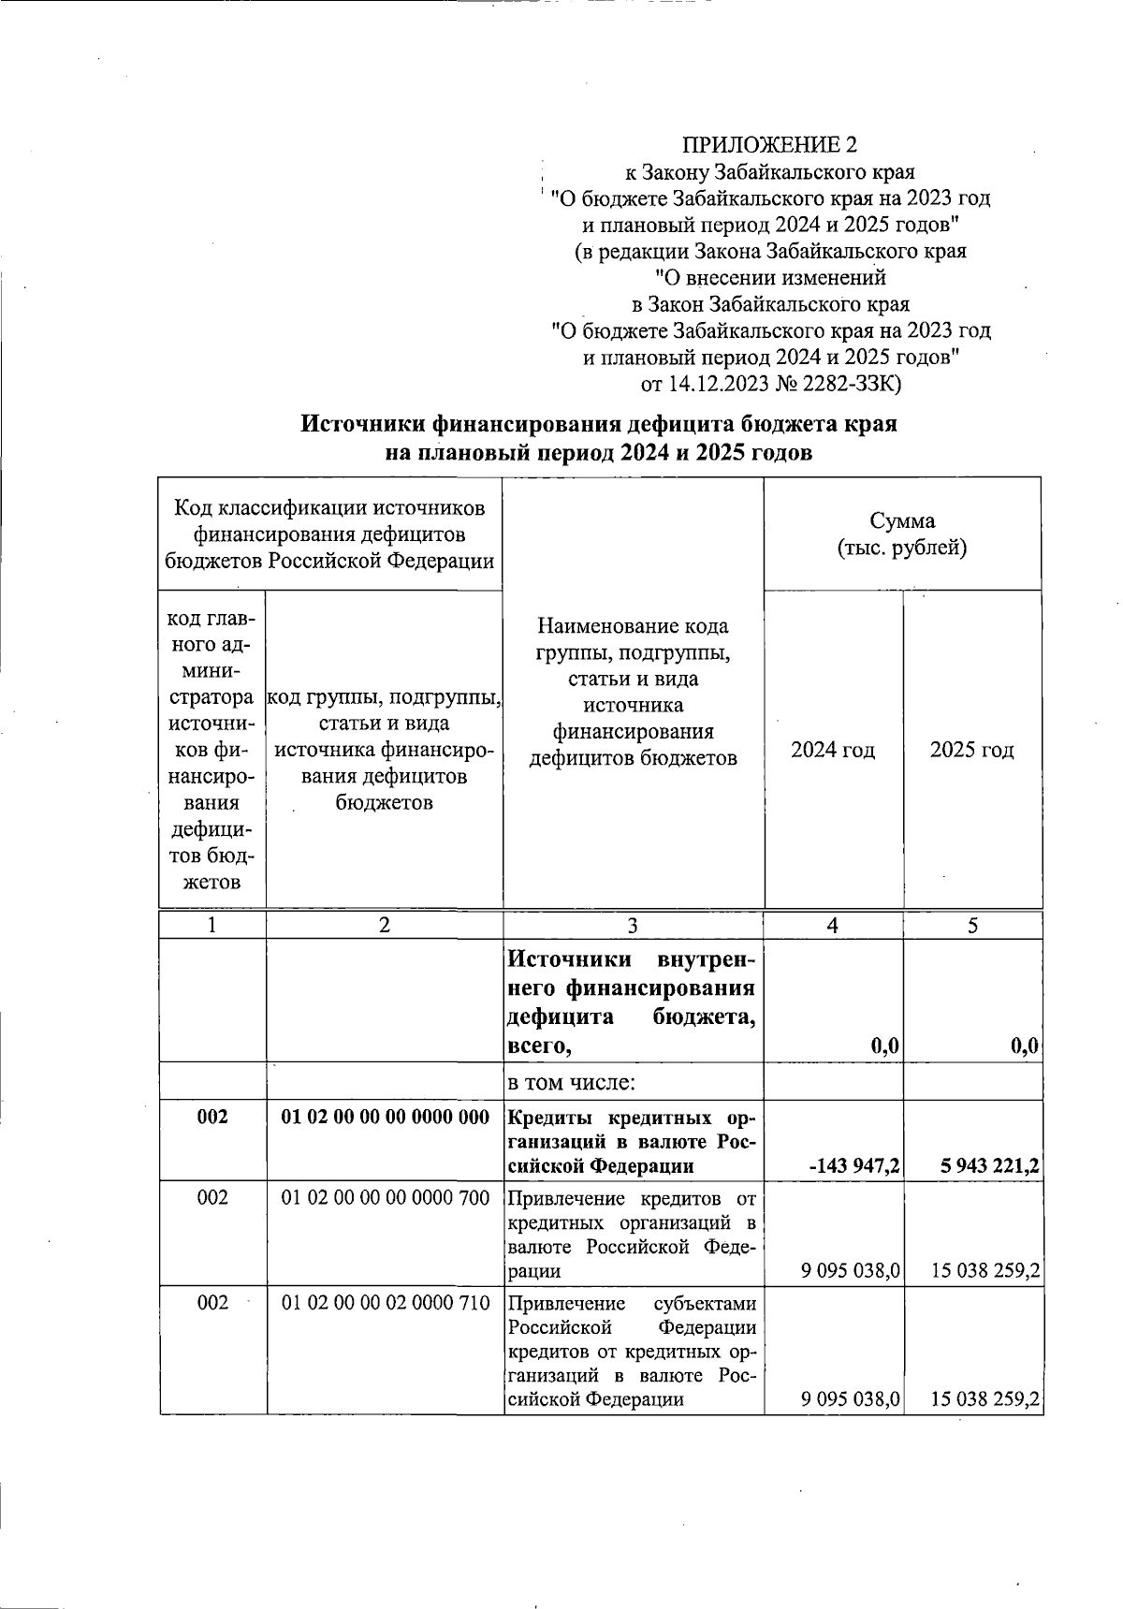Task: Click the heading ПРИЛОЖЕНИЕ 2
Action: pos(768,145)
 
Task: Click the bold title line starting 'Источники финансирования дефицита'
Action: pos(598,424)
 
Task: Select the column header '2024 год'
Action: pos(833,750)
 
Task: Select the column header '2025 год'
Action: pos(971,750)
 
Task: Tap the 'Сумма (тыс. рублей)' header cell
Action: pos(901,534)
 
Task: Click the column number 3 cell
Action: pos(633,925)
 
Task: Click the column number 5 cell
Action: pos(972,925)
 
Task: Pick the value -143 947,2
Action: pos(853,1166)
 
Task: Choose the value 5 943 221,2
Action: pos(986,1166)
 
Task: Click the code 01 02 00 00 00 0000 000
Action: pos(386,1117)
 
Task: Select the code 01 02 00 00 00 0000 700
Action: pos(386,1197)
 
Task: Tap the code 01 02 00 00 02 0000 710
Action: pos(386,1302)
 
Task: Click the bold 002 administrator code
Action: pos(212,1117)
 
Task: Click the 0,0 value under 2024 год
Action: pos(884,1047)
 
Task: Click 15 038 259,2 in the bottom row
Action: pos(985,1399)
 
